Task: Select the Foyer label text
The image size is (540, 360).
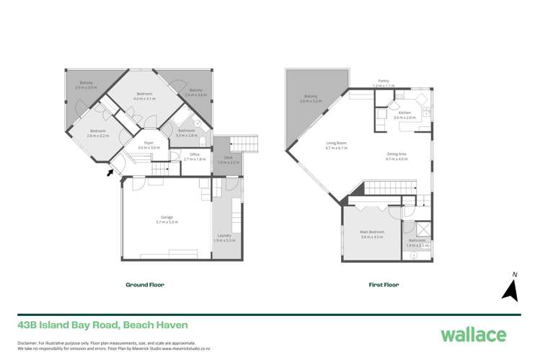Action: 149,143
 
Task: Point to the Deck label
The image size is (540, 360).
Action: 228,158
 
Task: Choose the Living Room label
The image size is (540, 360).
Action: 336,143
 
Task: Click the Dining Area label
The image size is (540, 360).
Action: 397,154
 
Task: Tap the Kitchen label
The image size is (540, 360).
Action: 404,113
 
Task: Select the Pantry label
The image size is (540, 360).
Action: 384,81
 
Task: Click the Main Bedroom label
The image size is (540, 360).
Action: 372,232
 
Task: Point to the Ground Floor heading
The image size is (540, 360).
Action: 145,285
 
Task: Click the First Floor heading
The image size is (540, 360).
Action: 384,285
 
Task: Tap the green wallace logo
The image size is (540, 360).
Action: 473,334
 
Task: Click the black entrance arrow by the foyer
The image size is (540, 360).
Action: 110,172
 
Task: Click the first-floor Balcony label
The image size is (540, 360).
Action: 311,97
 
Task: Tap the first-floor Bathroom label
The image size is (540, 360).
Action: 417,240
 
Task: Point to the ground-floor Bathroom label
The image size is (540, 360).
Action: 187,131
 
